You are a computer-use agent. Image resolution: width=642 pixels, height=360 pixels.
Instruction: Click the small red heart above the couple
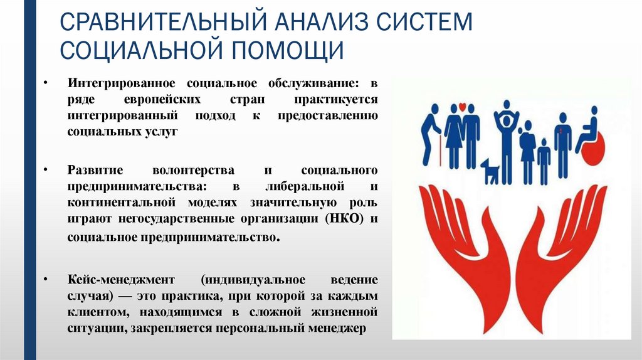coord(461,107)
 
